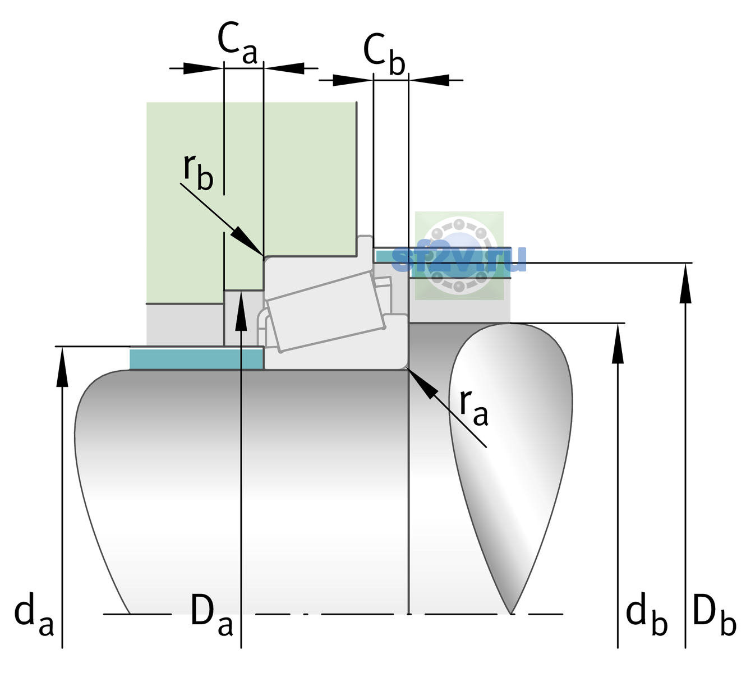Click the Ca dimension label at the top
click(x=237, y=44)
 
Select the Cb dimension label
click(x=384, y=54)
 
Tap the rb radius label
click(x=199, y=172)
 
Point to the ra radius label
click(x=473, y=408)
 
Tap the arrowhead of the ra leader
click(x=422, y=383)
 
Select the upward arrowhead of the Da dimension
click(x=241, y=311)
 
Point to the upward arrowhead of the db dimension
click(x=618, y=343)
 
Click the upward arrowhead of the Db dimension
click(x=685, y=283)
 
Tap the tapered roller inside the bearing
click(x=326, y=312)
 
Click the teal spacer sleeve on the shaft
click(x=196, y=358)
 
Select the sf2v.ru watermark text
click(x=459, y=259)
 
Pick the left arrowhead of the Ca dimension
click(x=203, y=68)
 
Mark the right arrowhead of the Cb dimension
click(x=429, y=80)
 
